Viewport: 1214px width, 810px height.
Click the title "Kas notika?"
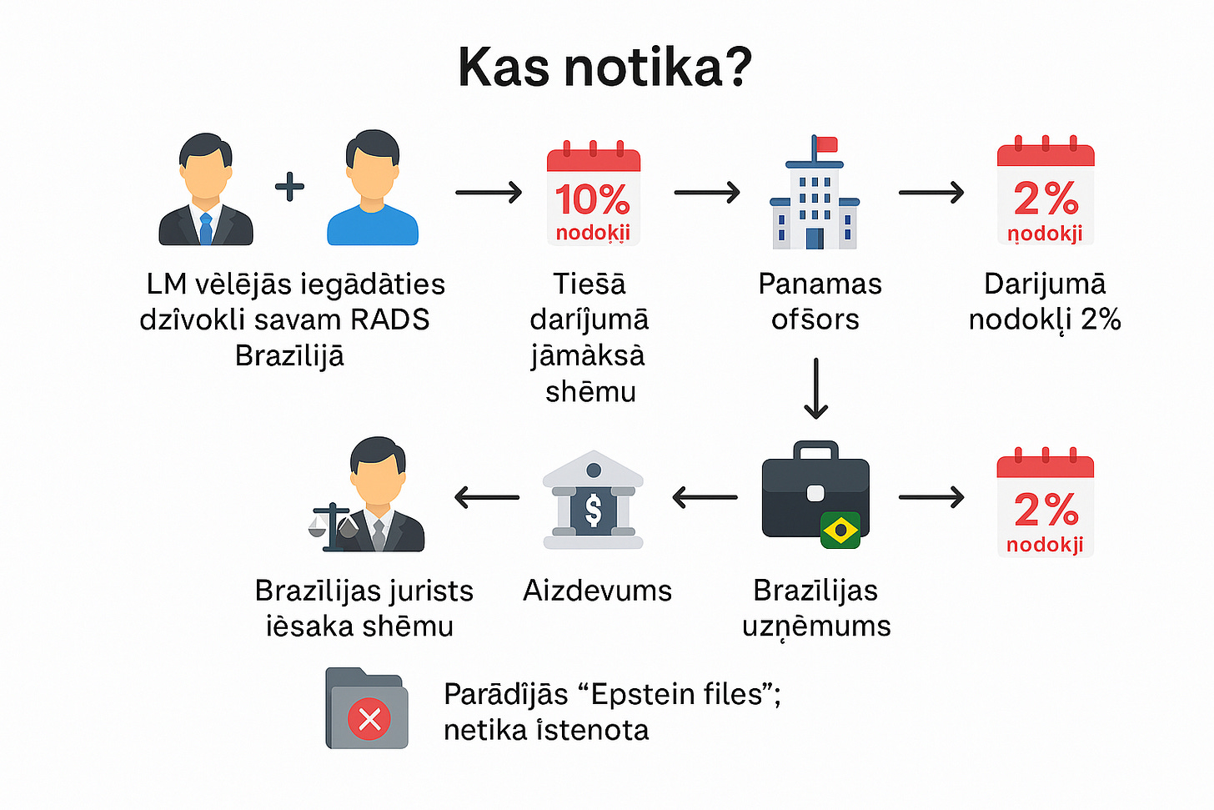click(x=604, y=67)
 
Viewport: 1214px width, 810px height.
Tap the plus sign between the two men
click(x=289, y=186)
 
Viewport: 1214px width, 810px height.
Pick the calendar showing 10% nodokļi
click(x=593, y=194)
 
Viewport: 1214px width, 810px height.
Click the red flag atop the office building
click(x=826, y=144)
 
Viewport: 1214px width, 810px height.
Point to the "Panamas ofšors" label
click(x=819, y=301)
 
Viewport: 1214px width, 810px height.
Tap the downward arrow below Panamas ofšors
click(x=815, y=388)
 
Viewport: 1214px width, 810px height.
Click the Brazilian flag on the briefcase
click(x=840, y=530)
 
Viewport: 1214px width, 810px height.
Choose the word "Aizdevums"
click(x=597, y=591)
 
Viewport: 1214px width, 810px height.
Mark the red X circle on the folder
click(x=369, y=718)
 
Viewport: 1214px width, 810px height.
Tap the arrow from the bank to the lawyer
click(x=487, y=497)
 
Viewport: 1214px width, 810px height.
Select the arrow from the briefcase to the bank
click(x=705, y=497)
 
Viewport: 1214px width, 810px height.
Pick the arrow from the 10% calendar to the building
click(x=706, y=193)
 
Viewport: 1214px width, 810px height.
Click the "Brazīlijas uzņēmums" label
click(x=816, y=608)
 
